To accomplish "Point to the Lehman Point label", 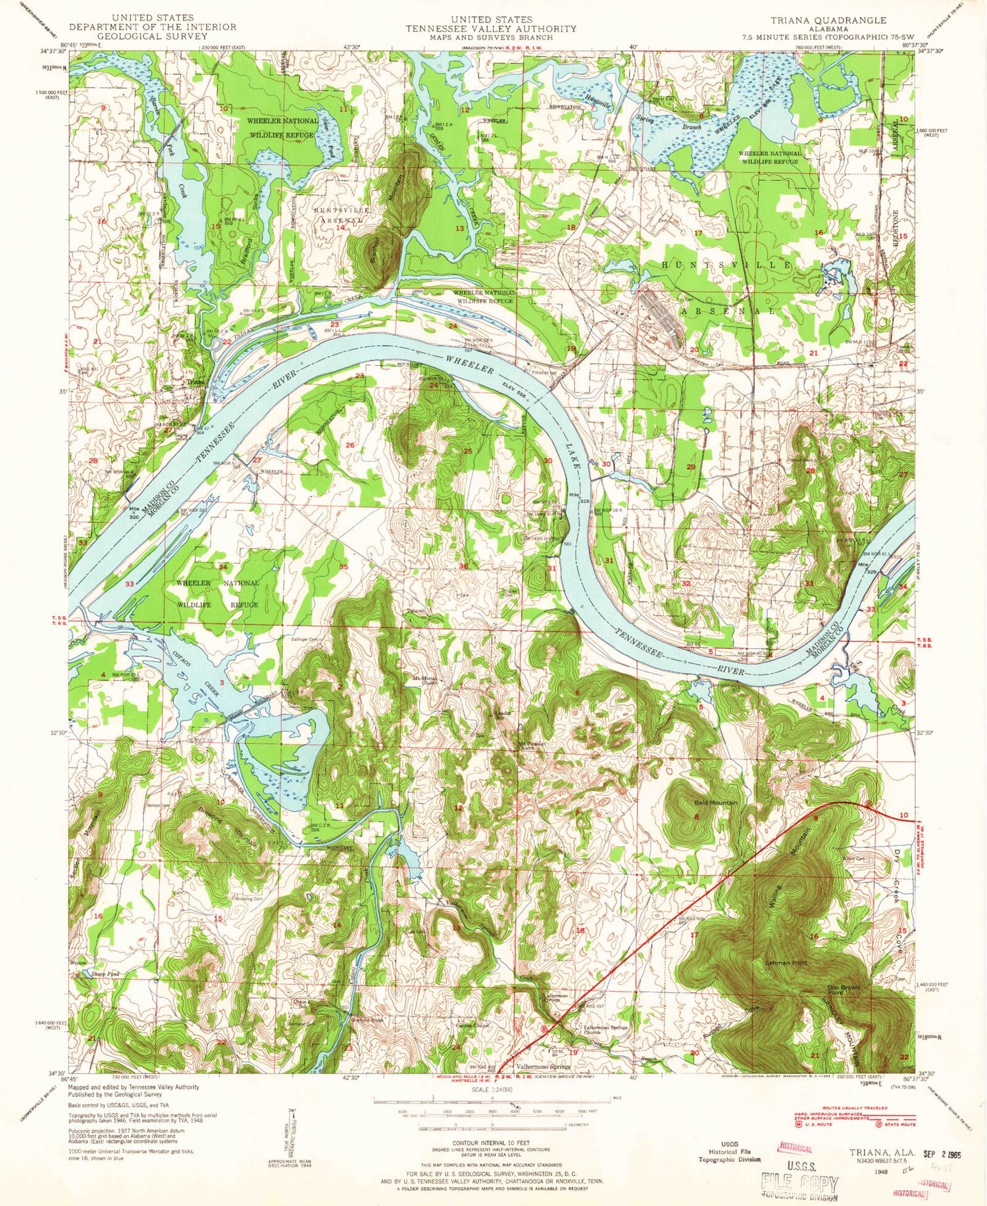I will tap(786, 962).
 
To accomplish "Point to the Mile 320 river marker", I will tap(134, 514).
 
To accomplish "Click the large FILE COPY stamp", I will tap(799, 1184).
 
